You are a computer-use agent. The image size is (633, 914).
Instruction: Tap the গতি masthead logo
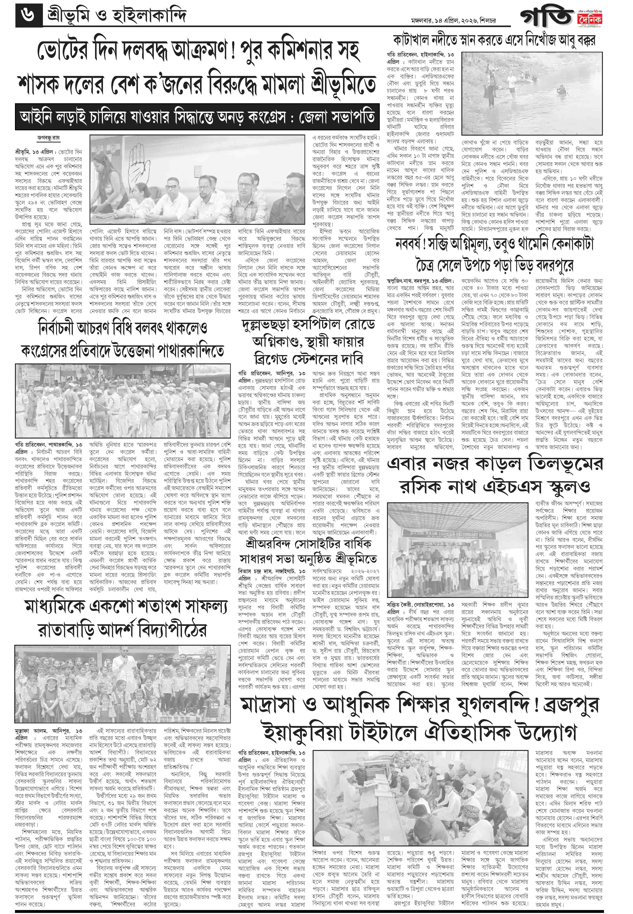tap(547, 18)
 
